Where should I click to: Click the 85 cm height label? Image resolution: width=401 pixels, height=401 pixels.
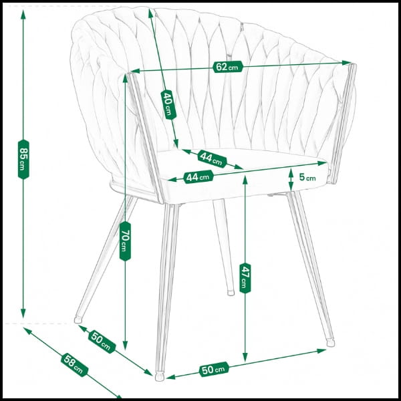coord(23,159)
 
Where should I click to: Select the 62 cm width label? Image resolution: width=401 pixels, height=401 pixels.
coord(227,67)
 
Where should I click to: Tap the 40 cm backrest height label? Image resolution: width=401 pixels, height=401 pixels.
coord(168,105)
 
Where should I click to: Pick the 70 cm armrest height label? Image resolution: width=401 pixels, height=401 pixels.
coord(125,241)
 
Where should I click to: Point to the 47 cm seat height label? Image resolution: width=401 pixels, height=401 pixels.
coord(245,278)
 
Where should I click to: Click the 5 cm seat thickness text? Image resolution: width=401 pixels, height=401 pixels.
coord(307,177)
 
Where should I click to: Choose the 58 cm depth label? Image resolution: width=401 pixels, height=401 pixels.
coord(74,365)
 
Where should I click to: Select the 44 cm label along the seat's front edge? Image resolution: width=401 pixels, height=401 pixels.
coord(198,176)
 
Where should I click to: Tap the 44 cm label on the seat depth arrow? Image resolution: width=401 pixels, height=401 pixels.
coord(212,158)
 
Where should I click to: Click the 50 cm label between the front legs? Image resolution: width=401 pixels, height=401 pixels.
coord(214,370)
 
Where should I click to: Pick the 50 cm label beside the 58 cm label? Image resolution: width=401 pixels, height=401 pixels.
coord(102,342)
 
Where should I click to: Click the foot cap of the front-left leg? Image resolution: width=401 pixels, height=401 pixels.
coord(160,377)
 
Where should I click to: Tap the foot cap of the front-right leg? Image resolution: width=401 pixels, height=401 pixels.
coord(330,342)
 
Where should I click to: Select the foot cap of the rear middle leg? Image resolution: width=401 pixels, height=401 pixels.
coord(231,293)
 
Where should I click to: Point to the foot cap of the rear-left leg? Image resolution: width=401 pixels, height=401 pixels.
coord(78,319)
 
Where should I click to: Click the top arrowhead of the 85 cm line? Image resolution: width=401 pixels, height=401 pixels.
coord(23,14)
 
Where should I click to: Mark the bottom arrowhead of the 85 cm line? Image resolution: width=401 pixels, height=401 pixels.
coord(23,313)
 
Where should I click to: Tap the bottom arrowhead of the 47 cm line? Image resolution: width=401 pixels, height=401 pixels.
coord(245,357)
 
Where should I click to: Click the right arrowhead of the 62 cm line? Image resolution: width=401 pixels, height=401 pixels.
coord(346,63)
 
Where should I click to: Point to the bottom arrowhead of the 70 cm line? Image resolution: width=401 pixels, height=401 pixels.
coord(125,345)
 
